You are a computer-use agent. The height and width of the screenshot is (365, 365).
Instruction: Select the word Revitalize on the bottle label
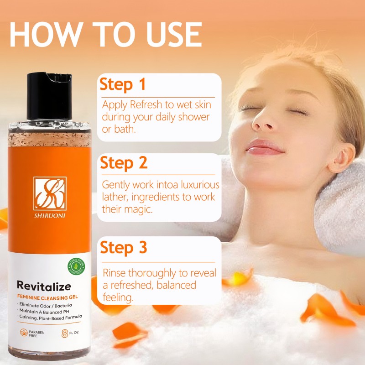pyautogui.click(x=44, y=286)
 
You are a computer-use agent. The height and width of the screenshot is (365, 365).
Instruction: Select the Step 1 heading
pyautogui.click(x=122, y=84)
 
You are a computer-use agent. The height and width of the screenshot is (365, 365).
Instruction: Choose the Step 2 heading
pyautogui.click(x=122, y=163)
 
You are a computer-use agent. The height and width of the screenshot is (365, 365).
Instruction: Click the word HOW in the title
pyautogui.click(x=44, y=33)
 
